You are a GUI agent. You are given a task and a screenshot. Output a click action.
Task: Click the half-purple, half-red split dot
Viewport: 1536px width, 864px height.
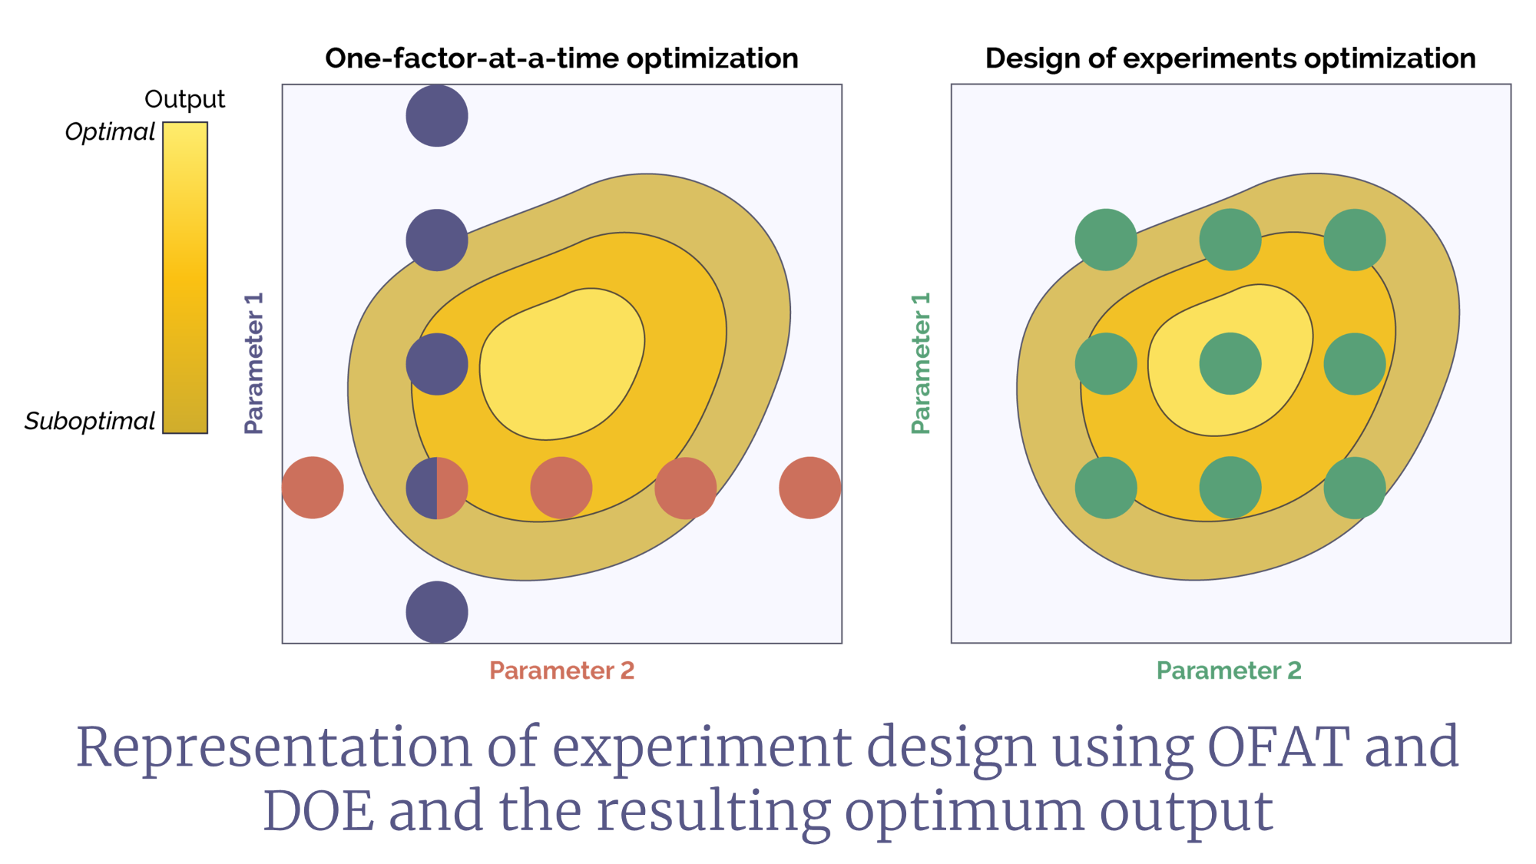tap(437, 488)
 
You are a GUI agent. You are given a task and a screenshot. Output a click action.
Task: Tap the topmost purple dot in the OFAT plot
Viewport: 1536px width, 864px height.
tap(437, 116)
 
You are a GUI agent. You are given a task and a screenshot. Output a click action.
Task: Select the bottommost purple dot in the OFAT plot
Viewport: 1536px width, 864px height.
tap(437, 612)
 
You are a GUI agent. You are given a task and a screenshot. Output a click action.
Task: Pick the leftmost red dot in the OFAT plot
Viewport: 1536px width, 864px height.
tap(313, 488)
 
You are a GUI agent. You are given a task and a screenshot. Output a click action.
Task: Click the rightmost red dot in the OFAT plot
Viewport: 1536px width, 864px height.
tap(810, 488)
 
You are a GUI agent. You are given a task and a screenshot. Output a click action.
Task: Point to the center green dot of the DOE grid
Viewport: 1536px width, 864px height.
tap(1230, 364)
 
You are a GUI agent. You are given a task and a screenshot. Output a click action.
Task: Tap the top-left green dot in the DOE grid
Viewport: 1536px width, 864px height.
tap(1106, 240)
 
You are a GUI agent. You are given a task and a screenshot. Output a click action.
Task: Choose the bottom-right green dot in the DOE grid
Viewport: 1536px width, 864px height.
tap(1355, 488)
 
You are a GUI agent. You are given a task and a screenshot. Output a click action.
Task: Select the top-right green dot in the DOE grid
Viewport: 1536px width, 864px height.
tap(1355, 240)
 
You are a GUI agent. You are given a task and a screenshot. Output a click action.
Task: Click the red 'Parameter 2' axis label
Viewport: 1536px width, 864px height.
tap(562, 670)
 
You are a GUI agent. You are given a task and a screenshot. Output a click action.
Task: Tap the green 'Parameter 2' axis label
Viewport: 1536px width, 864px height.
tap(1230, 670)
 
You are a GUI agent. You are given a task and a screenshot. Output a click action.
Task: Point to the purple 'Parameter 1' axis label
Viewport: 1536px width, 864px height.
tap(253, 363)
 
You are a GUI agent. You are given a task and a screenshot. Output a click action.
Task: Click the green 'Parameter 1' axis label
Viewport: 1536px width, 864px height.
tap(921, 363)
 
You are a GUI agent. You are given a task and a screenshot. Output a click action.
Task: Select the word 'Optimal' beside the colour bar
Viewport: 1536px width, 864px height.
tap(110, 132)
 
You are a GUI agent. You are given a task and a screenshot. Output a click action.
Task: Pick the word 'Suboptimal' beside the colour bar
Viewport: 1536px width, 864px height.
tap(90, 422)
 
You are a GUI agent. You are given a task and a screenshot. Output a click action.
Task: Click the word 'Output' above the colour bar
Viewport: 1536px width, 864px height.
tap(184, 99)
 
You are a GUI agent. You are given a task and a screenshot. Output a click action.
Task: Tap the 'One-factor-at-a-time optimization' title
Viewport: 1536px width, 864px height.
tap(562, 58)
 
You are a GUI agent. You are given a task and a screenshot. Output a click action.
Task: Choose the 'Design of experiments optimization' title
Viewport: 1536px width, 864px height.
tap(1230, 58)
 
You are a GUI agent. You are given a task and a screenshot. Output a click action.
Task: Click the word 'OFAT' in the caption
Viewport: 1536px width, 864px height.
tap(1278, 746)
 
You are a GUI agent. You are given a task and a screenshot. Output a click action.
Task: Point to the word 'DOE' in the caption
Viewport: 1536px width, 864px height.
tap(319, 811)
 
